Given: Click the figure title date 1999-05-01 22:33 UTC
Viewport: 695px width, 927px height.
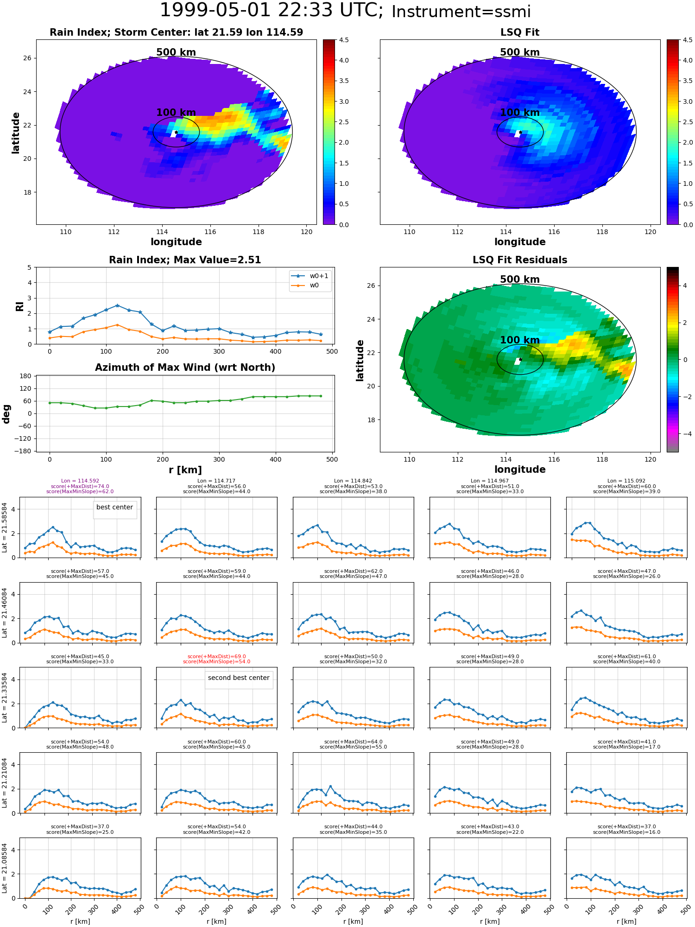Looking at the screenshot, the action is [272, 10].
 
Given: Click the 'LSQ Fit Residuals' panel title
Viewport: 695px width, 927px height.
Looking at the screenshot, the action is [520, 260].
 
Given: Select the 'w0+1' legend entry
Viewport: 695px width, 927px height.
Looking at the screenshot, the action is [310, 276].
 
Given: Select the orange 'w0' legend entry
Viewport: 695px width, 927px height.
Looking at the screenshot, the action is [306, 286].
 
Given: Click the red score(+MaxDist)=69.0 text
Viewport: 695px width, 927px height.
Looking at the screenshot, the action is [217, 656].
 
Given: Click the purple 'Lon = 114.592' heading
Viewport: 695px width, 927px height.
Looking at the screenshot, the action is [80, 481].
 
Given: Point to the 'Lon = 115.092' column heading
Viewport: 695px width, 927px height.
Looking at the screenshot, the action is [626, 481].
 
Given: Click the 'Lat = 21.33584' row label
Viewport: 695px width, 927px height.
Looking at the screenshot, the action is [5, 698].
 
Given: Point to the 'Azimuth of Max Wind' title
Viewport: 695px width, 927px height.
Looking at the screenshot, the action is [185, 368].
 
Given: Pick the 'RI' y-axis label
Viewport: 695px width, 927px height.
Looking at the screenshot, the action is [19, 306].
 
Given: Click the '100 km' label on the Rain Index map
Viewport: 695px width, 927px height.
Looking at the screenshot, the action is [176, 113].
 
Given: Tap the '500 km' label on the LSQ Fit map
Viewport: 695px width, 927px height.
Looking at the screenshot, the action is [520, 52].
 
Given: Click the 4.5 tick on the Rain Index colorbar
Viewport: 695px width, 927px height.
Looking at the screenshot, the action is [344, 40].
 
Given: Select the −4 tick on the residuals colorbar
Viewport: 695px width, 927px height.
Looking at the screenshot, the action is [685, 434].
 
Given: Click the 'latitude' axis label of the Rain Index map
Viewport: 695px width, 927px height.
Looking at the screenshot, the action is [16, 133].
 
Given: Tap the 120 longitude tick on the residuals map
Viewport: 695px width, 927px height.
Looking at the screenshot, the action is [651, 459].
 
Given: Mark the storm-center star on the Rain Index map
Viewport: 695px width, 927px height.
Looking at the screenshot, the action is [176, 132].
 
